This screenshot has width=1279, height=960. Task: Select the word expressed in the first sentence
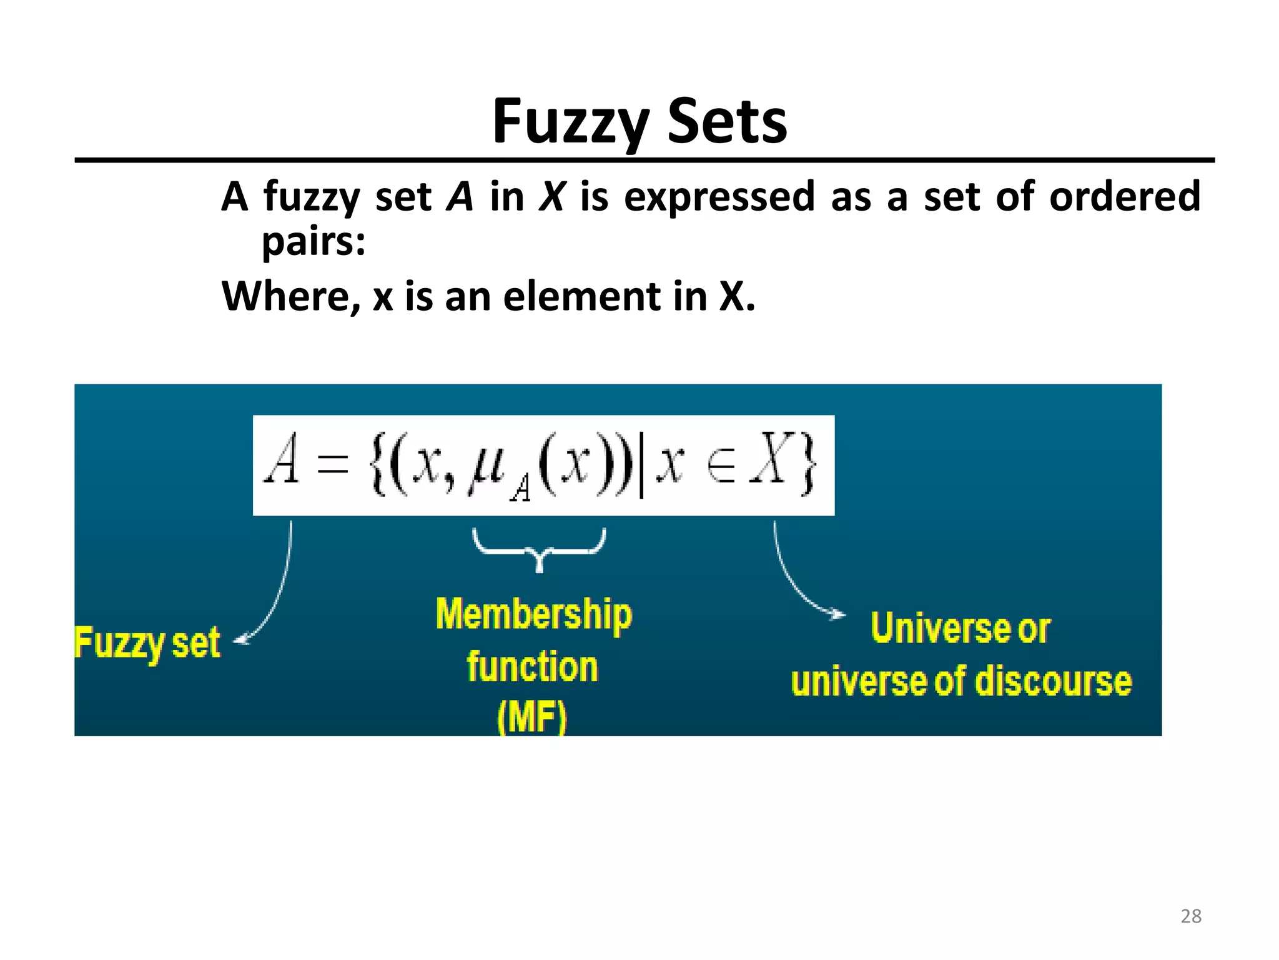click(719, 196)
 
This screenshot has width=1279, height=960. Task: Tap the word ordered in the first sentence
click(1125, 196)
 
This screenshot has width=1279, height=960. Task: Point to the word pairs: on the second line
click(314, 241)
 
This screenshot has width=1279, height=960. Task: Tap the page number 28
click(1191, 916)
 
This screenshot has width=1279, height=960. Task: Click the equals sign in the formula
click(332, 465)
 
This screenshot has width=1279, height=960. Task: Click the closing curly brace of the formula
click(807, 466)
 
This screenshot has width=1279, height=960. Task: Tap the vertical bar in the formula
click(641, 466)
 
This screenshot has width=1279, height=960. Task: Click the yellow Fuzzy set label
click(147, 643)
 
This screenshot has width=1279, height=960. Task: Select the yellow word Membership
click(534, 614)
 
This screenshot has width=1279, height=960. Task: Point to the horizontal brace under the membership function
click(539, 549)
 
